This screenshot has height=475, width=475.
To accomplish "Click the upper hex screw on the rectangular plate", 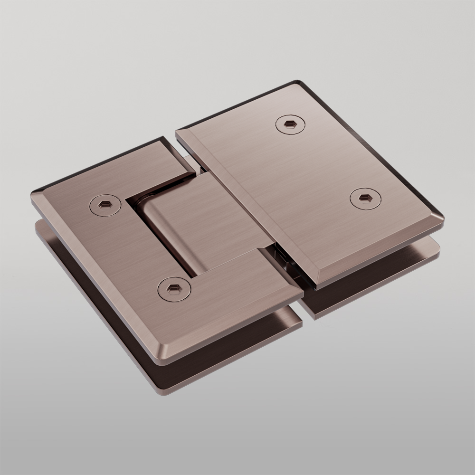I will [x=290, y=124].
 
